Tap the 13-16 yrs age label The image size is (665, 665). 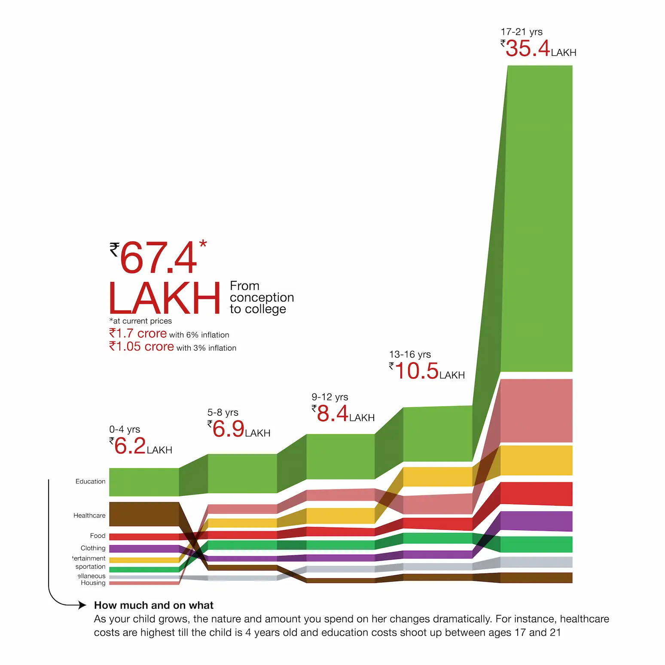click(410, 354)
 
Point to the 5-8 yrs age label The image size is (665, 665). click(223, 412)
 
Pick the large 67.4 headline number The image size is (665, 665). click(158, 258)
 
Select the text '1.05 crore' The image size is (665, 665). click(141, 347)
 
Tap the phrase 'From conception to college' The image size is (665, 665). click(261, 297)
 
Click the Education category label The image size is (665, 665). click(90, 482)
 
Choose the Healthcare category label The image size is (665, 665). click(89, 516)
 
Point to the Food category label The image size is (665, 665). click(98, 536)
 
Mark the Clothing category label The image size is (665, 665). click(93, 548)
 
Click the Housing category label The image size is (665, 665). click(93, 583)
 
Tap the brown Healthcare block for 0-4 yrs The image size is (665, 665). click(144, 514)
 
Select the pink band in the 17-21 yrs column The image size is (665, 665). click(536, 410)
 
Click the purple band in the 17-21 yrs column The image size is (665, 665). click(536, 521)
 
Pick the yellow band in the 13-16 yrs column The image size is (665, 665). click(437, 477)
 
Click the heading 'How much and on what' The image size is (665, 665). click(153, 605)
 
